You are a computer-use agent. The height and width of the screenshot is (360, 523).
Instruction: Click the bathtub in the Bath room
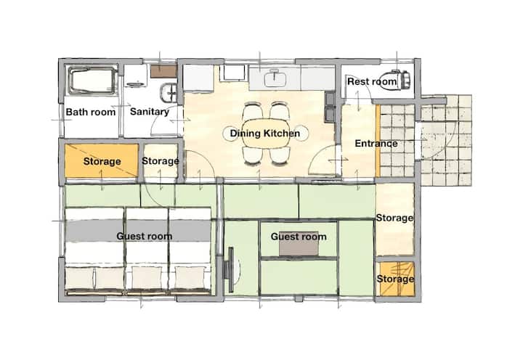tap(92, 81)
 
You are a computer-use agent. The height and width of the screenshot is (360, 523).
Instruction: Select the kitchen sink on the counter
tap(275, 78)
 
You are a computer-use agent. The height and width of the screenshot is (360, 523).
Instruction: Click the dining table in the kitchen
tap(266, 134)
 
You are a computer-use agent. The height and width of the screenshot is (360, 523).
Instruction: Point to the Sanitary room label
tap(150, 111)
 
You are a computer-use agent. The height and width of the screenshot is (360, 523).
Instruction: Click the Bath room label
tap(91, 112)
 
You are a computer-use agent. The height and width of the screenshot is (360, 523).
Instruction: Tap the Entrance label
tap(376, 143)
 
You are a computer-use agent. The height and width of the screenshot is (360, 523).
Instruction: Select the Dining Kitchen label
tap(265, 134)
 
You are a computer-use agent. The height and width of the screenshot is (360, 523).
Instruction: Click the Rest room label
tap(372, 81)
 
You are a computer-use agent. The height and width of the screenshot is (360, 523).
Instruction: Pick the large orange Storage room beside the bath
tap(102, 161)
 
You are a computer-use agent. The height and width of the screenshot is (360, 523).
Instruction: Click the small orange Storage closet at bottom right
tap(395, 279)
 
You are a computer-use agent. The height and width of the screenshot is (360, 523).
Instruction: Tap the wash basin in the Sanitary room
tap(169, 93)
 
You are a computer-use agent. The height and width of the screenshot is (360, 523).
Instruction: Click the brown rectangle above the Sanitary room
tap(163, 71)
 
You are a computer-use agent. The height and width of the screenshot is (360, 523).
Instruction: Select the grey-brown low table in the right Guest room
tap(299, 244)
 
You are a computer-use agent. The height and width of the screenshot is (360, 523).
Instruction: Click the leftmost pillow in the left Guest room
tap(79, 278)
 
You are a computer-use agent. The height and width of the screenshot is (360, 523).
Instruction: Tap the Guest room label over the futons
tap(144, 237)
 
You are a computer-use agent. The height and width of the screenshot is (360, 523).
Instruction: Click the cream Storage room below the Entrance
tap(395, 219)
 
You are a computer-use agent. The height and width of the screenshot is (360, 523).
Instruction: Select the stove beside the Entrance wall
tap(330, 107)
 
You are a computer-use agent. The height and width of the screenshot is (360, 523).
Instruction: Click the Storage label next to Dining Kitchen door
tap(161, 161)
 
